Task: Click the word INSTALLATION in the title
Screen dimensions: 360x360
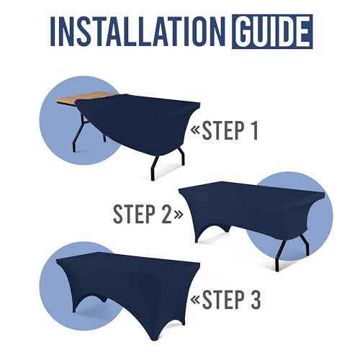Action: pyautogui.click(x=138, y=32)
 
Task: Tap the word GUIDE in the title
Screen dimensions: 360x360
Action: pyautogui.click(x=272, y=32)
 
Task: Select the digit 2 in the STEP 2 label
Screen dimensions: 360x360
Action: pyautogui.click(x=166, y=214)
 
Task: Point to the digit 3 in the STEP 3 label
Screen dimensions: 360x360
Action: pyautogui.click(x=256, y=300)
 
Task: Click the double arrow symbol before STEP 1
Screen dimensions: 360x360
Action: pyautogui.click(x=195, y=130)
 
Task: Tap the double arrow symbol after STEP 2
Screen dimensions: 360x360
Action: pyautogui.click(x=179, y=215)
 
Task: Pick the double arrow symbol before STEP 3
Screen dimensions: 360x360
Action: pyautogui.click(x=195, y=300)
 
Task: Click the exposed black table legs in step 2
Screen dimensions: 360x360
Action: pyautogui.click(x=292, y=252)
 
